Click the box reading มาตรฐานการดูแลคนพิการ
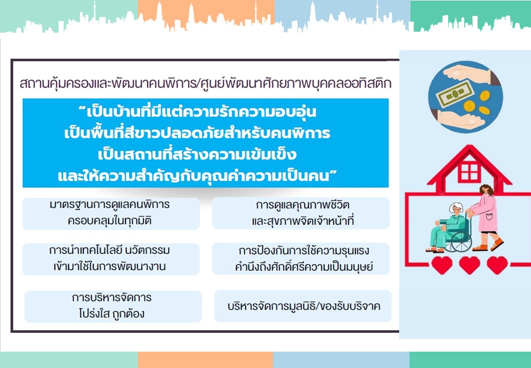(x=111, y=214)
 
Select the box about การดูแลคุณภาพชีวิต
(x=301, y=213)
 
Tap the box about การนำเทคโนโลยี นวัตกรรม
(x=111, y=259)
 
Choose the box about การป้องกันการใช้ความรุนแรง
(x=301, y=259)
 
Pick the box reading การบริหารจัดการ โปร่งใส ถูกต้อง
(x=113, y=306)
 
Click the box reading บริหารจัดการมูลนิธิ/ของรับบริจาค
(x=303, y=306)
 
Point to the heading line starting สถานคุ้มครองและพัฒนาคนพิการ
(x=206, y=83)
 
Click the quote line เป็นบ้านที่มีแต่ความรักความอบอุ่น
(x=197, y=112)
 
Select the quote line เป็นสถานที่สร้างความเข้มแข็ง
(x=198, y=154)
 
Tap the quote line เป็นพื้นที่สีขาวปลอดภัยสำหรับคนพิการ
(x=197, y=133)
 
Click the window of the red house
(x=469, y=172)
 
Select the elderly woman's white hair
(x=456, y=208)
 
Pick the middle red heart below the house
(x=469, y=265)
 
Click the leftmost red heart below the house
(x=442, y=265)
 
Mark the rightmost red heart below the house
(x=497, y=265)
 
